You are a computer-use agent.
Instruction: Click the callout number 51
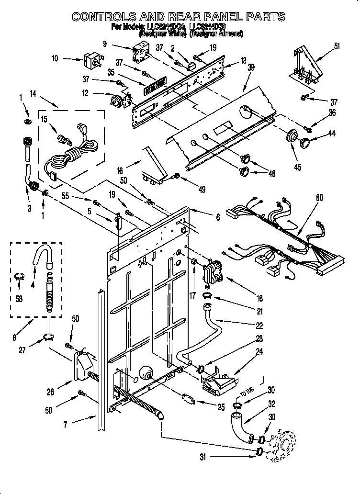pos(337,46)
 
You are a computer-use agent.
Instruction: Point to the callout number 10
pos(55,59)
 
